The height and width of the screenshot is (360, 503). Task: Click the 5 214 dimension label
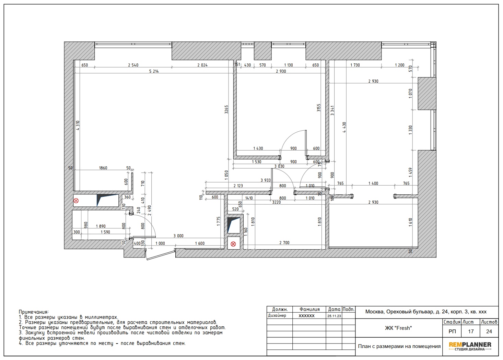(154, 71)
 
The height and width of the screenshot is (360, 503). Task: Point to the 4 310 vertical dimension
(78, 125)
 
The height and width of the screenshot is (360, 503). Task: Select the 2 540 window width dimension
(133, 65)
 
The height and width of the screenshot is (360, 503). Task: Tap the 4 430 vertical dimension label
(344, 127)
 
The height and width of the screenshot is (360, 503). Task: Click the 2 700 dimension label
(284, 243)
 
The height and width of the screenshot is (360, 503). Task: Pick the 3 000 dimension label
(178, 236)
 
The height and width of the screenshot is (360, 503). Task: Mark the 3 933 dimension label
(266, 180)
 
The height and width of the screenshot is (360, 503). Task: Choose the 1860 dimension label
(103, 168)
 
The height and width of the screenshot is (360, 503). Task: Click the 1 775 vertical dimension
(219, 221)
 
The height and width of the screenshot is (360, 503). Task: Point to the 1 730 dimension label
(355, 65)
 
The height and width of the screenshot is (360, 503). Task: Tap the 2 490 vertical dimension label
(150, 210)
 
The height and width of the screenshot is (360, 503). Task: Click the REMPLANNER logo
(470, 346)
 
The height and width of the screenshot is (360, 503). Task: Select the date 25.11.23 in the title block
(334, 316)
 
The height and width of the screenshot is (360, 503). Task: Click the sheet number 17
(471, 332)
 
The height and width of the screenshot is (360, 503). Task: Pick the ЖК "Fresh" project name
(398, 328)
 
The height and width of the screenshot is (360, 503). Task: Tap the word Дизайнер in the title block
(277, 315)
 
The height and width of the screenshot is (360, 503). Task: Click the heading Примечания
(34, 312)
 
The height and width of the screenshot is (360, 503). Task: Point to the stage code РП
(452, 332)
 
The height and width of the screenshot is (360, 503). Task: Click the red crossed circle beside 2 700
(233, 244)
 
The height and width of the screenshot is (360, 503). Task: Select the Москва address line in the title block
(426, 312)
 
